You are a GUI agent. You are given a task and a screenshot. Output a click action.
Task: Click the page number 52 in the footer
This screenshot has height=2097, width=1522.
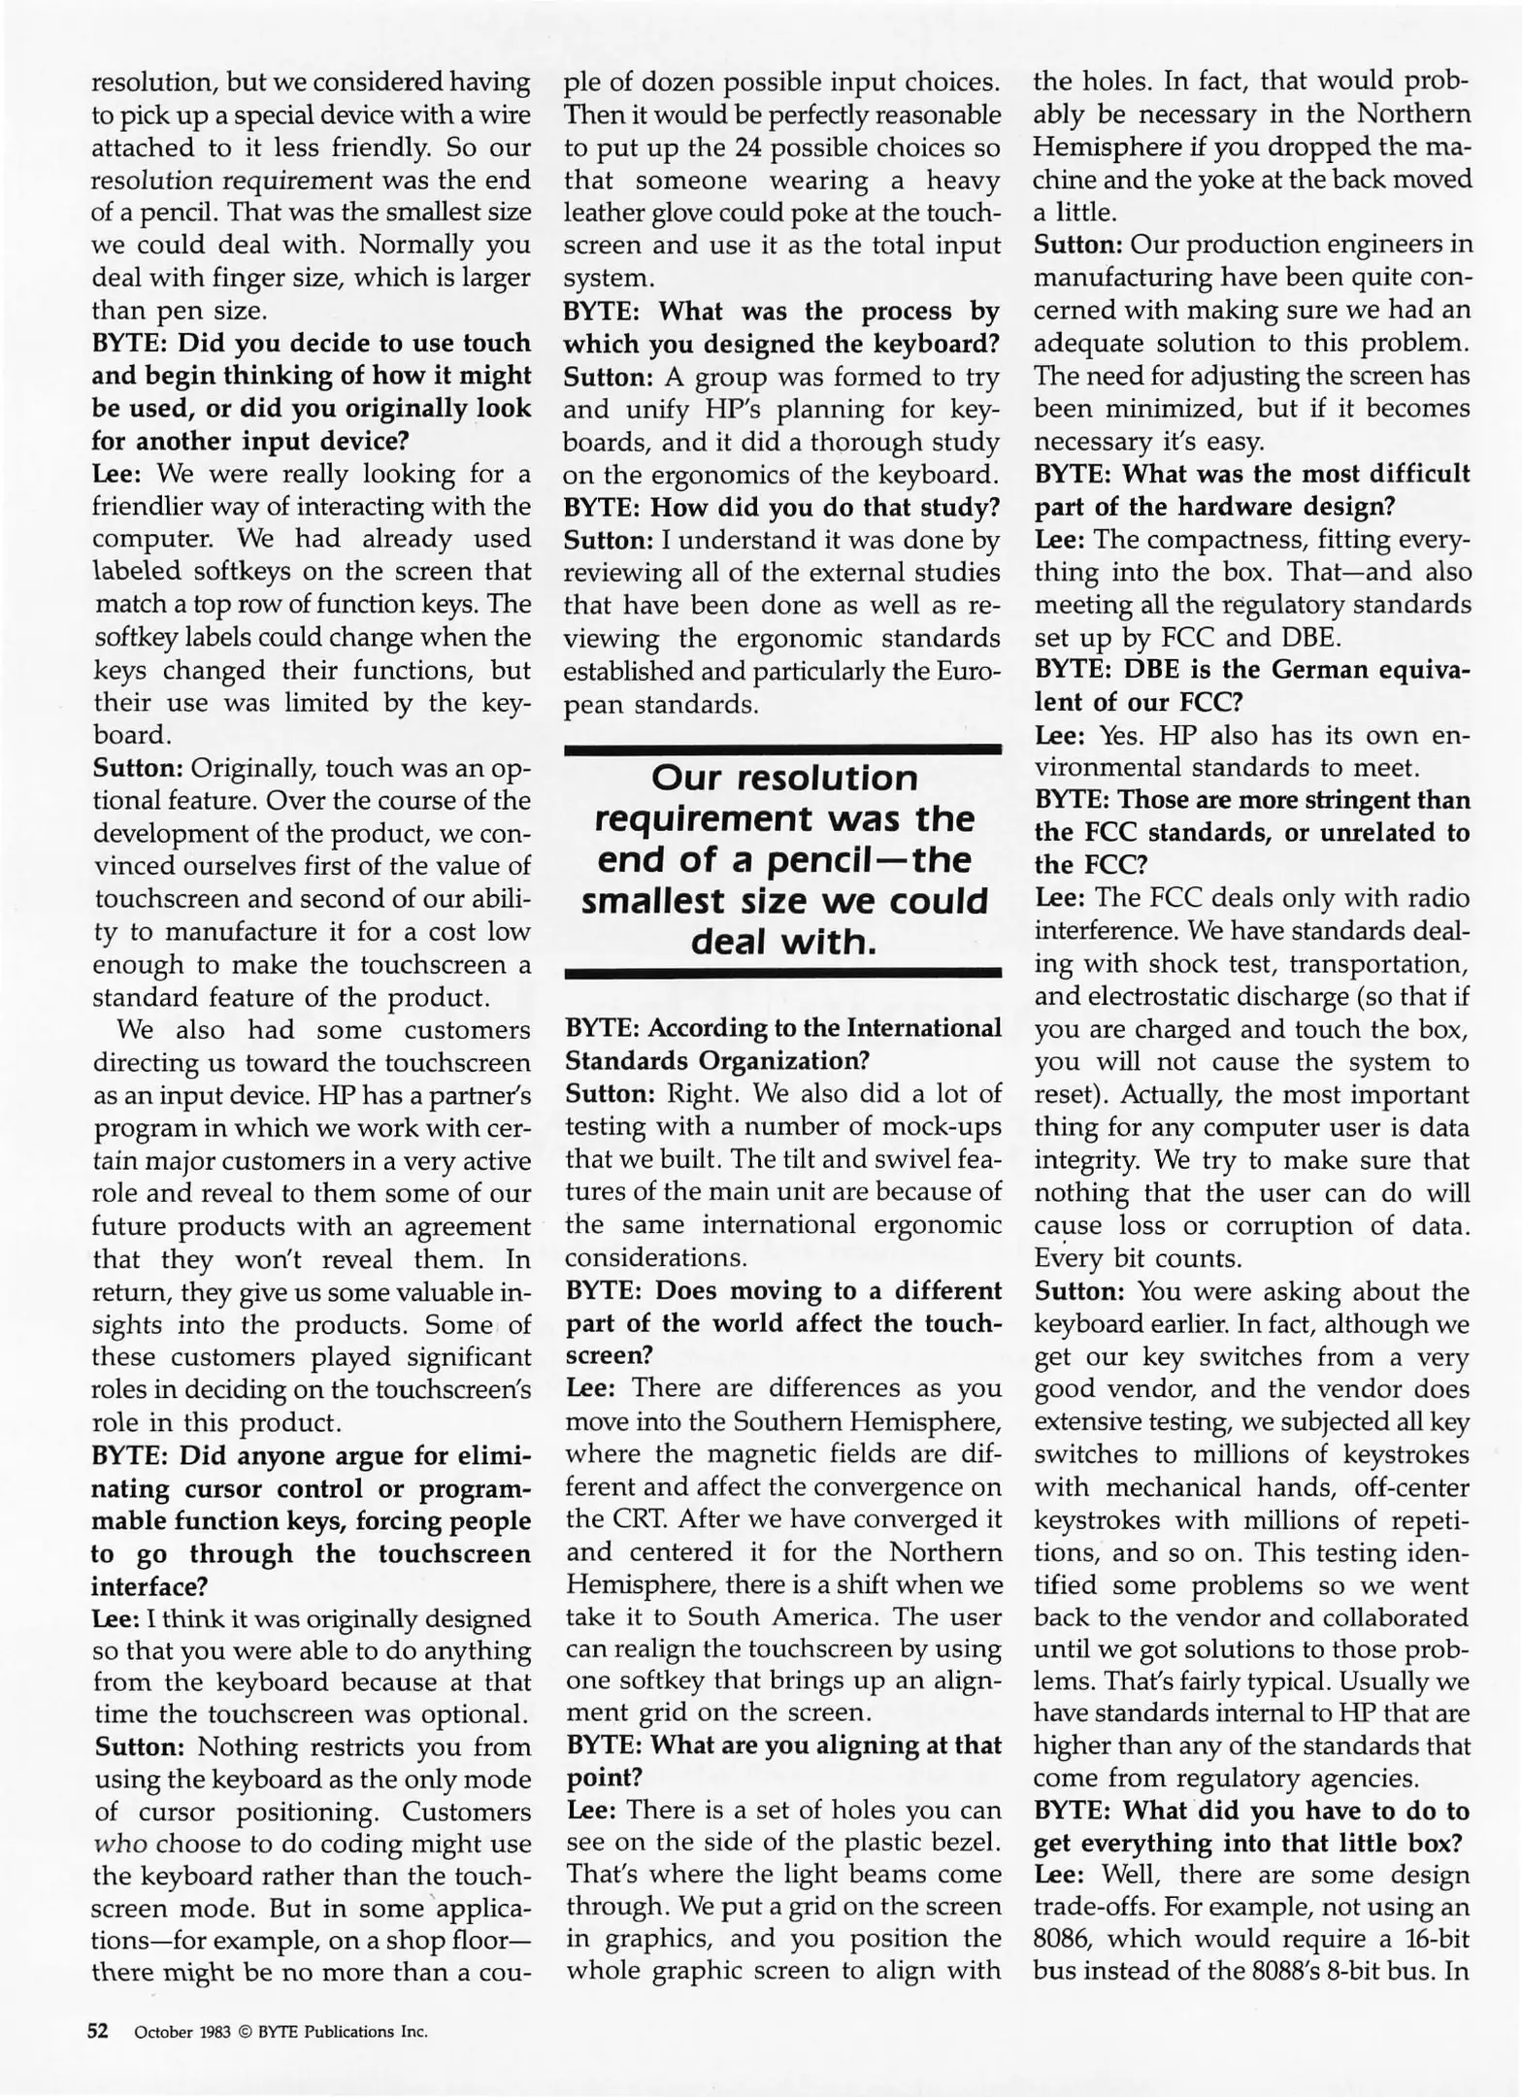tap(98, 2031)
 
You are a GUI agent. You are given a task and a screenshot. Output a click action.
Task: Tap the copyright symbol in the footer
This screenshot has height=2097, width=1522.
tap(245, 2032)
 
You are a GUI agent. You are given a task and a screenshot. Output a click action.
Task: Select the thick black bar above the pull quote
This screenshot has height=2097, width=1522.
tap(782, 749)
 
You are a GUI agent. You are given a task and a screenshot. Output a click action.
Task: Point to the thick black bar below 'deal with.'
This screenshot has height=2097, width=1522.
tap(782, 972)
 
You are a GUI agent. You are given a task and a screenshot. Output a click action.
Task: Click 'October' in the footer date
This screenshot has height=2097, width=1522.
tap(164, 2032)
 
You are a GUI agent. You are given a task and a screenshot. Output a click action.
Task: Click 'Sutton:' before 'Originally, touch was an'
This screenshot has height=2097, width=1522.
tap(138, 768)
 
